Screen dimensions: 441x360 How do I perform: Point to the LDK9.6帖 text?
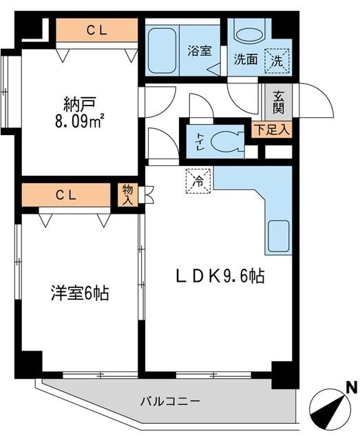pos(219,276)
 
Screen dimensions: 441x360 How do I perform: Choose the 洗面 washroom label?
pos(245,59)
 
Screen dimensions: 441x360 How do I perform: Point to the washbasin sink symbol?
pos(246,31)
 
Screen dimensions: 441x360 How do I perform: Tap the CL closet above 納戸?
pos(96,30)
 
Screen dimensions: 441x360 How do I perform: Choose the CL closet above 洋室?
pos(66,195)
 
